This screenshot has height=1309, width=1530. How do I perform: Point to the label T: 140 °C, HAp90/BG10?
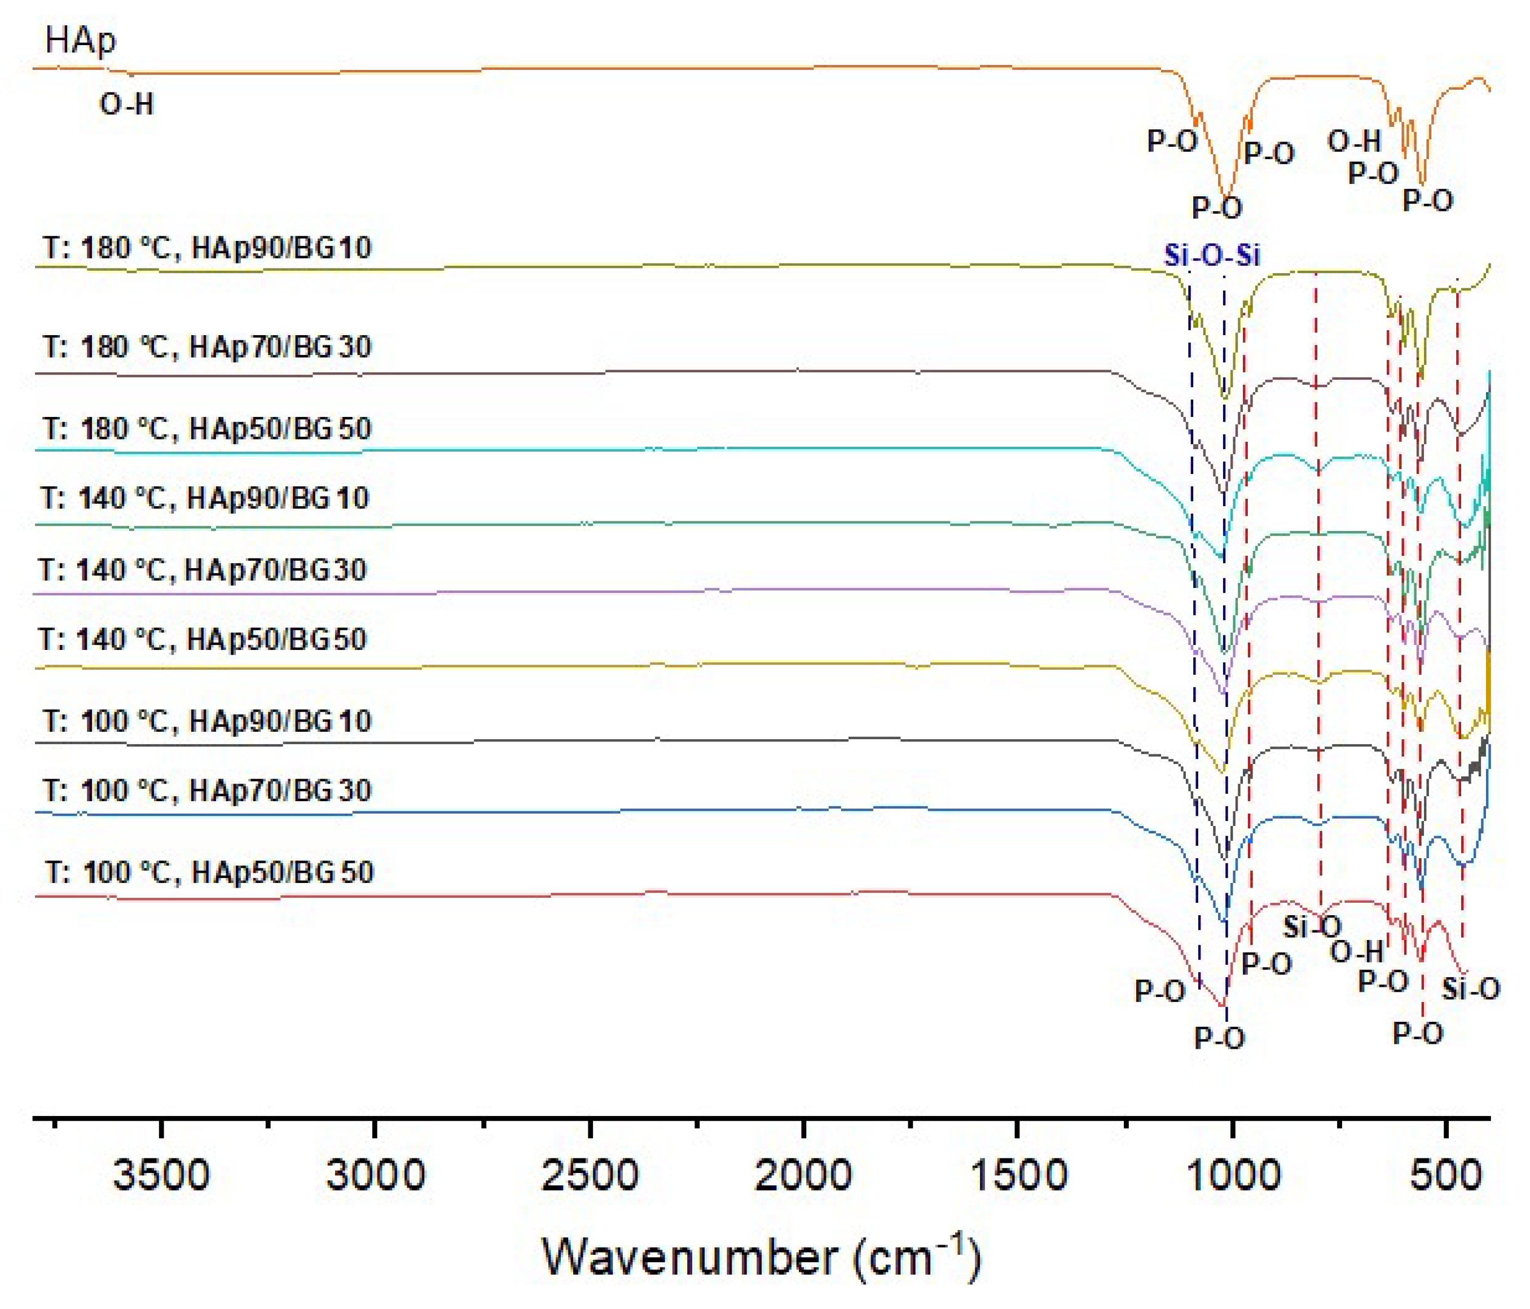(205, 498)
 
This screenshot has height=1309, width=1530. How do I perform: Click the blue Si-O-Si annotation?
(1212, 256)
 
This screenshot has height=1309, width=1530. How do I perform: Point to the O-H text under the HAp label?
(126, 105)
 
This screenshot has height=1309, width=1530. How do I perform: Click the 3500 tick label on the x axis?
(161, 1175)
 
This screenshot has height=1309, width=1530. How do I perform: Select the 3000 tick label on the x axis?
(375, 1175)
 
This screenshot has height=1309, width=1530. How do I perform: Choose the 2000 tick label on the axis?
(803, 1175)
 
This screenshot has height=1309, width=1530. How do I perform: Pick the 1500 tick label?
(1018, 1175)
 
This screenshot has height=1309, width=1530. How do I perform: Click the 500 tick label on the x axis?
(1446, 1175)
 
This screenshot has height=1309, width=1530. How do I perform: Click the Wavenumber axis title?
(761, 1257)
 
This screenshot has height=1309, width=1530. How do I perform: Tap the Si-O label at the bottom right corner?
(1470, 989)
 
